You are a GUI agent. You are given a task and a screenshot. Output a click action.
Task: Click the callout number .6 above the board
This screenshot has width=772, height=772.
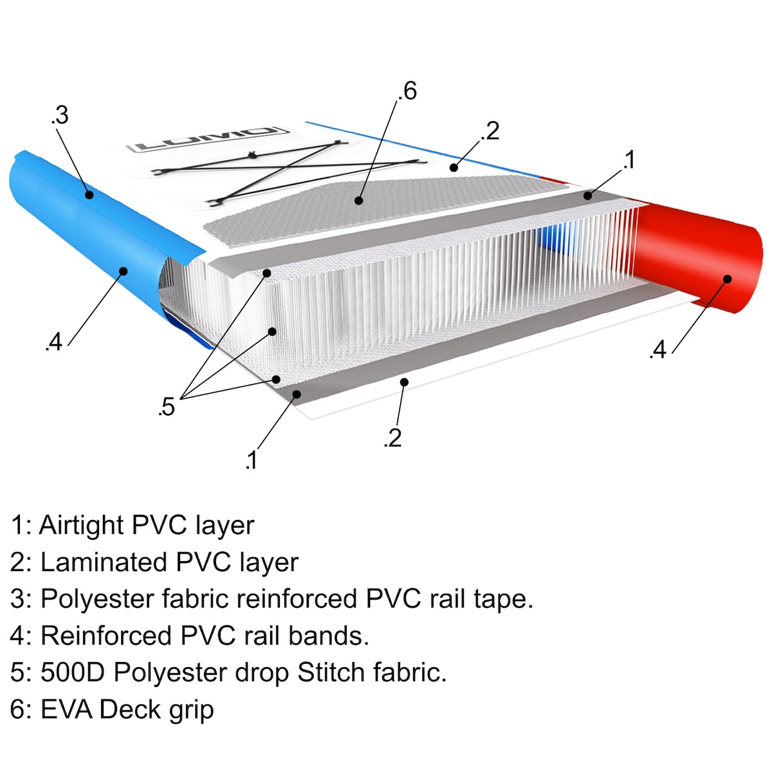point(407,91)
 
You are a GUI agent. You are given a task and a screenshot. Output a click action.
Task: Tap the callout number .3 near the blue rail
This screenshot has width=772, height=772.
point(60,116)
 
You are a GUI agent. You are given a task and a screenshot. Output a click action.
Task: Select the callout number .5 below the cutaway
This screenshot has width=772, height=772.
point(166,407)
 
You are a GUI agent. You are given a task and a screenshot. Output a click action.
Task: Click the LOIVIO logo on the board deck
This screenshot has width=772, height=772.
point(208,139)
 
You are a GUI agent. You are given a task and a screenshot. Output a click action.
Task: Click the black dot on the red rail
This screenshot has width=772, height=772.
point(728,279)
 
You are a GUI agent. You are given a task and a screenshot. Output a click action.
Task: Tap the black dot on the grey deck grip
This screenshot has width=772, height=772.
point(358,200)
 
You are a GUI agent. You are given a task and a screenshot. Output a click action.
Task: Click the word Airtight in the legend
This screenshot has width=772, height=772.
point(81,526)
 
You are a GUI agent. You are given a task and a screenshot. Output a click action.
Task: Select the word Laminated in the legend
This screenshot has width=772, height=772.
point(104,562)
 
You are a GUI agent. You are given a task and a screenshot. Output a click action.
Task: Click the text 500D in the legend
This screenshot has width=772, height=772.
point(73,672)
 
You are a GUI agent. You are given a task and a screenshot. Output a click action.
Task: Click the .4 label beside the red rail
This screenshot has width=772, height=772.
point(658,350)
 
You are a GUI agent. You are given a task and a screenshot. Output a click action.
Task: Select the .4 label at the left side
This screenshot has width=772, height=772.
point(53,342)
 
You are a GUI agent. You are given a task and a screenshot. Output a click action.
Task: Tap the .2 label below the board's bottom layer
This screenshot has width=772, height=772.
point(392,438)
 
